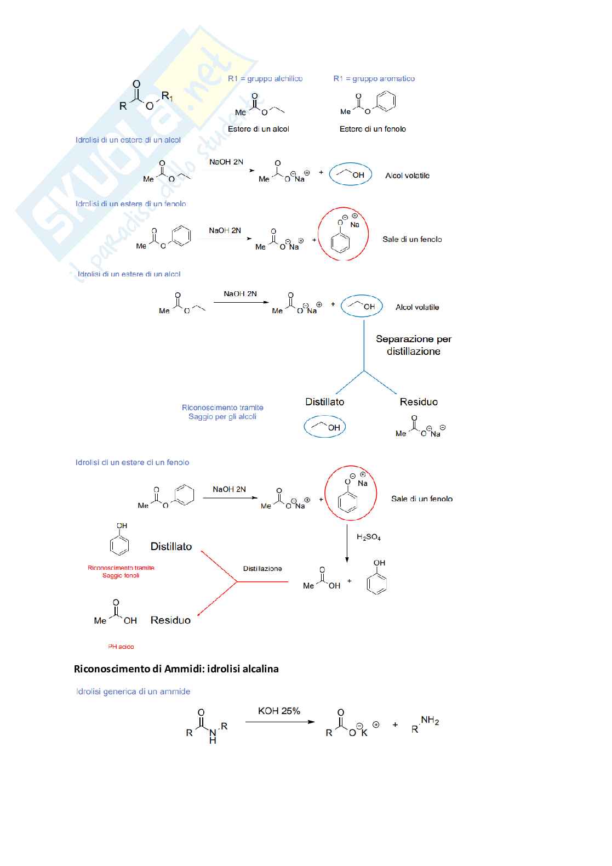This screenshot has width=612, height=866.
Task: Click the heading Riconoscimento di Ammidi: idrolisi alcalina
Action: [176, 669]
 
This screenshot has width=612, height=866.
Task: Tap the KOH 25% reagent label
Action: [279, 711]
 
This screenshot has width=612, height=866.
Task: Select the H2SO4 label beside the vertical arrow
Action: [368, 537]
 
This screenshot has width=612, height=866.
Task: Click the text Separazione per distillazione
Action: [414, 345]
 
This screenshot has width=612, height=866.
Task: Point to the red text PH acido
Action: [121, 647]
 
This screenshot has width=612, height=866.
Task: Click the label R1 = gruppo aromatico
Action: [374, 78]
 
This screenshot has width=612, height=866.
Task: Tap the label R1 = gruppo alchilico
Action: [265, 78]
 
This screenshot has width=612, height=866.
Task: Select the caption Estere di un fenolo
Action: [373, 129]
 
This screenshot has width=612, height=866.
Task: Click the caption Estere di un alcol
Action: [258, 129]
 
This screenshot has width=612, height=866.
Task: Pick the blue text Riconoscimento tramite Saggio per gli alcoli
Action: [222, 412]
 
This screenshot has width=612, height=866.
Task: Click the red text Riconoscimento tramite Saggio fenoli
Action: [121, 571]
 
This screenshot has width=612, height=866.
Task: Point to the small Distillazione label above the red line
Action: [262, 569]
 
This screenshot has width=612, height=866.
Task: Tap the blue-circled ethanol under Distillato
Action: [325, 427]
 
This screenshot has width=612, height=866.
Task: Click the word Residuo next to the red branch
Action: [170, 620]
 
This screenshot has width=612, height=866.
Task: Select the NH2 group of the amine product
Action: [430, 721]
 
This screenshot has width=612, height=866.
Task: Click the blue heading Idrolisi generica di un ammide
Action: [133, 692]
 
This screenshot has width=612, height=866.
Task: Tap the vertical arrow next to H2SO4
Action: [347, 543]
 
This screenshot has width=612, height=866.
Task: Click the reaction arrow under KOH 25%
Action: [280, 722]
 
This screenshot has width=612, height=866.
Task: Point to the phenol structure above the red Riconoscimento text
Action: [119, 540]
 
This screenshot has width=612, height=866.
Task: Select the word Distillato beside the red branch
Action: [171, 546]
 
